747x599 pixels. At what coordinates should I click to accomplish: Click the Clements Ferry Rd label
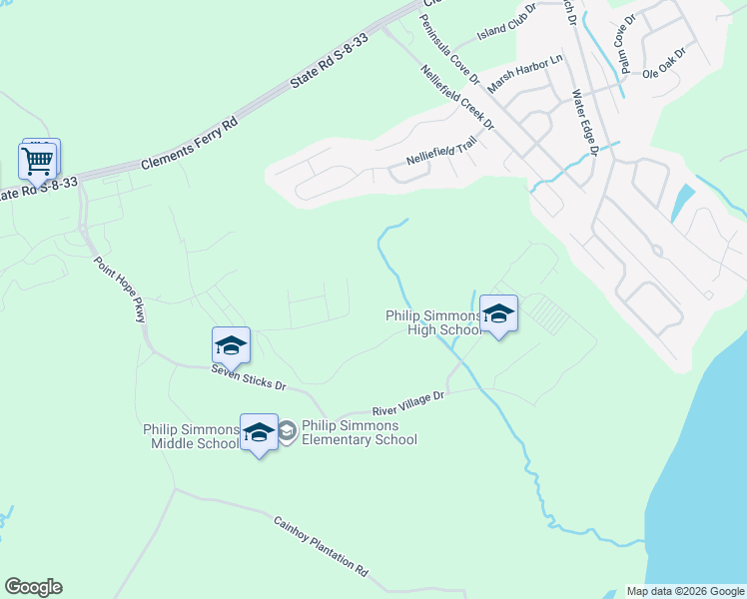coord(190,144)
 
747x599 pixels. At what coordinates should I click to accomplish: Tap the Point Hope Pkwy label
coord(121,290)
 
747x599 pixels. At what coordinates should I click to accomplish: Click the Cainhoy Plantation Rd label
coord(321,545)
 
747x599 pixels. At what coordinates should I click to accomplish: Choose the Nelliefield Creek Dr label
coord(458,97)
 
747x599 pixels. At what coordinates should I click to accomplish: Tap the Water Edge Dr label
coord(583,123)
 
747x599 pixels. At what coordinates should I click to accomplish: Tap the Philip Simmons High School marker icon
coord(498,314)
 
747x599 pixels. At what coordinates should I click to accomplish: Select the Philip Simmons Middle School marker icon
coord(259,432)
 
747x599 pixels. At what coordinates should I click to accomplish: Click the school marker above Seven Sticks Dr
coord(231,346)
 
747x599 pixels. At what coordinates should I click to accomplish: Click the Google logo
coord(33,587)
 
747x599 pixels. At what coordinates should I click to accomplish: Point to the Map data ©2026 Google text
coord(684,591)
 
